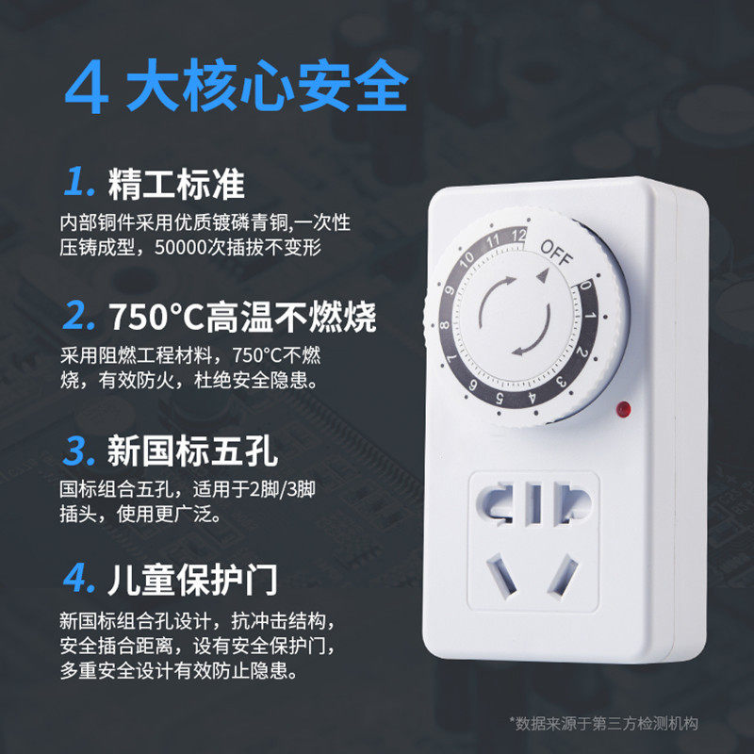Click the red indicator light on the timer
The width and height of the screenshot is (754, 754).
pyautogui.click(x=623, y=409)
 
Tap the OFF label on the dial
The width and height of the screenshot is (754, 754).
pyautogui.click(x=556, y=253)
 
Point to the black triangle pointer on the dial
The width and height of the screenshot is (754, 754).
pyautogui.click(x=543, y=275)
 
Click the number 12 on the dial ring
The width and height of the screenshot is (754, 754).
pyautogui.click(x=518, y=235)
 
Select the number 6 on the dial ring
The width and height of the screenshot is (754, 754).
pyautogui.click(x=473, y=385)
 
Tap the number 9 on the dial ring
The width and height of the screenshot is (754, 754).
pyautogui.click(x=450, y=290)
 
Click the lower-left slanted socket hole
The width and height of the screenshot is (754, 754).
pyautogui.click(x=501, y=576)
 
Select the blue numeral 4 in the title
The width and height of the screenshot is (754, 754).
pyautogui.click(x=87, y=87)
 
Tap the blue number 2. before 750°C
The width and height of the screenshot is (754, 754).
pyautogui.click(x=78, y=316)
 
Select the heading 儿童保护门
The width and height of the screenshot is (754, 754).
pyautogui.click(x=192, y=580)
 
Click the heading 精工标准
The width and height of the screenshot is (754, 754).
pyautogui.click(x=176, y=184)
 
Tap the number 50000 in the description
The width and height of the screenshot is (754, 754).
pyautogui.click(x=181, y=248)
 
